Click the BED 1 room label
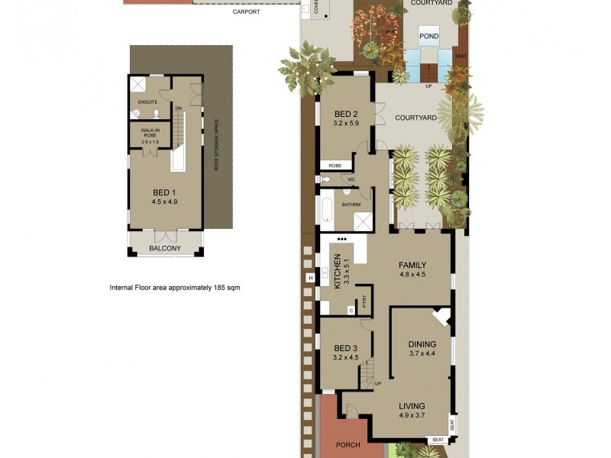164,192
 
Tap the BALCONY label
165,248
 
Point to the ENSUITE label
147,102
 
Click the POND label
428,35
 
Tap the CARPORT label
247,12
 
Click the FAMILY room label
412,265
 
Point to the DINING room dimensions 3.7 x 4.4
422,353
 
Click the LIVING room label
412,405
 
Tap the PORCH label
348,444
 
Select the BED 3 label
346,347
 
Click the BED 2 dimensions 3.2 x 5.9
346,122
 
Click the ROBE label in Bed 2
335,165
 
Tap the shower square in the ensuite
139,84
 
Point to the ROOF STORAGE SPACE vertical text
216,144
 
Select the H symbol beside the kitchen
310,278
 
